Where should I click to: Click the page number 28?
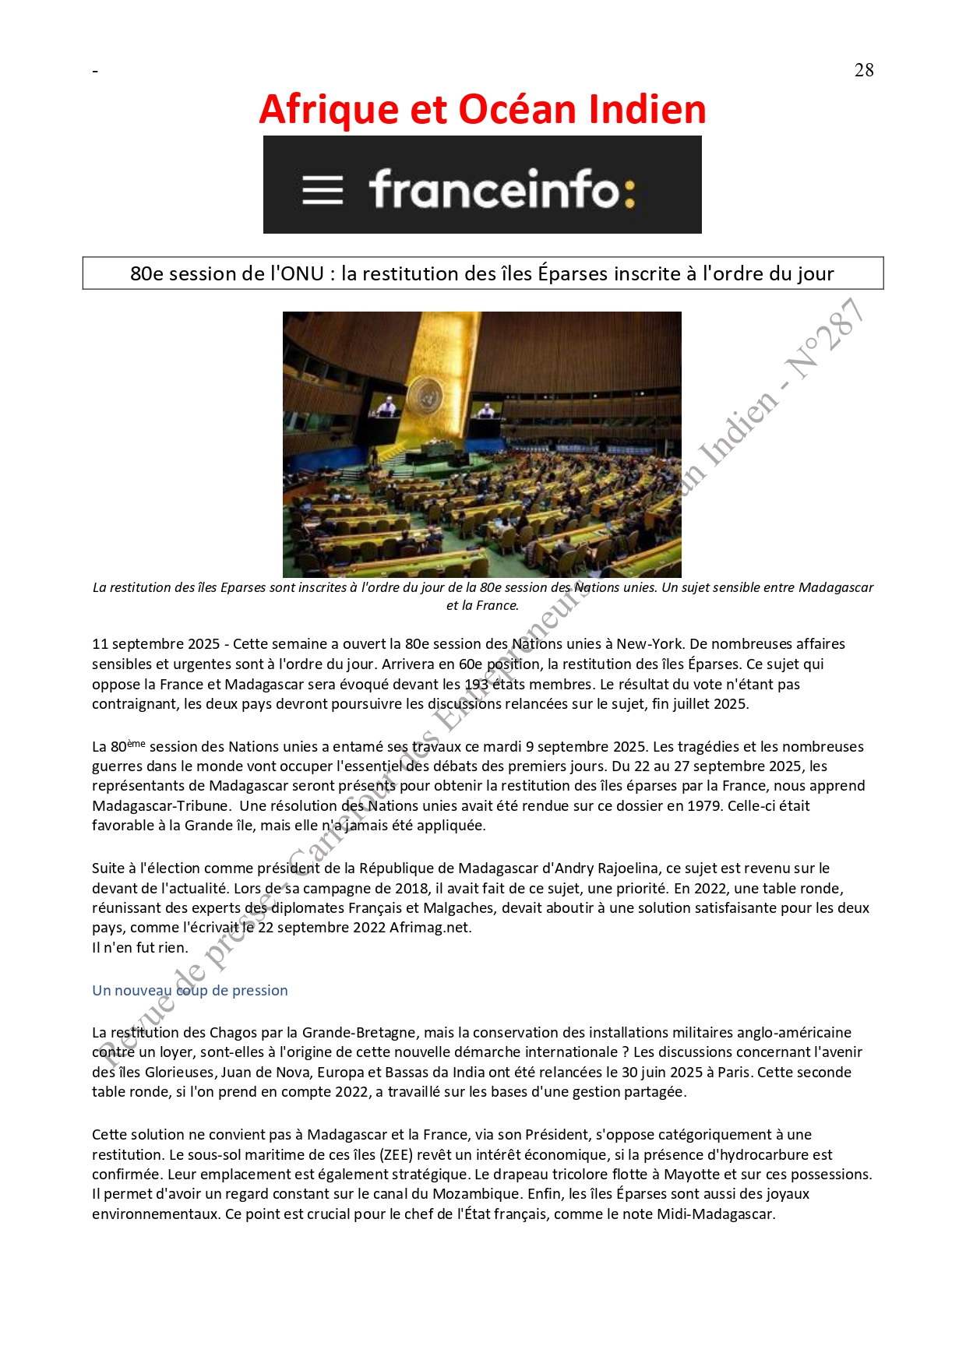[863, 70]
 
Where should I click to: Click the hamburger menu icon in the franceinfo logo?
[323, 190]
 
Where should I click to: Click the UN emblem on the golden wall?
[426, 395]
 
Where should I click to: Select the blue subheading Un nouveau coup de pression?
[190, 990]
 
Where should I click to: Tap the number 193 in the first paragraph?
[476, 684]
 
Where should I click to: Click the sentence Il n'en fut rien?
[140, 947]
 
